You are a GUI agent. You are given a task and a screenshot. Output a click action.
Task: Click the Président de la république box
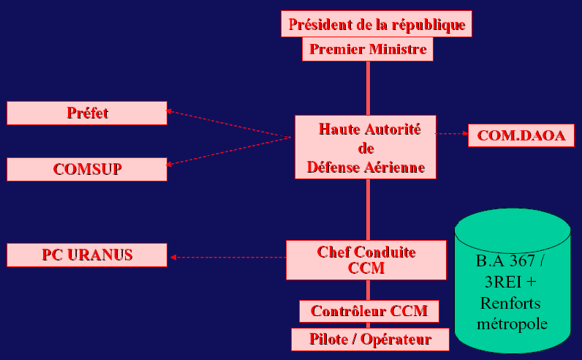coord(377,24)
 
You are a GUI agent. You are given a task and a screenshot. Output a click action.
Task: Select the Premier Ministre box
coord(369,50)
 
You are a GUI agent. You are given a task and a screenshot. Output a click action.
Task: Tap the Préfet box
coord(87,113)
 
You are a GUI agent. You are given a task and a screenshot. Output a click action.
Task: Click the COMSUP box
coord(87,169)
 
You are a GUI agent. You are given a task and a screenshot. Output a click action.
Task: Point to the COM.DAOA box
coord(521,135)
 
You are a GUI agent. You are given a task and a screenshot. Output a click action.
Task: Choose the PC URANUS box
coord(87,255)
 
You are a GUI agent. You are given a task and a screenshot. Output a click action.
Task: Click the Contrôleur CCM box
coord(369,311)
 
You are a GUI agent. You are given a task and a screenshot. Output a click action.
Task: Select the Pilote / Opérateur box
coord(369,339)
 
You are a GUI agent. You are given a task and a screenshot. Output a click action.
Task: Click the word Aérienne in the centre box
coord(395,168)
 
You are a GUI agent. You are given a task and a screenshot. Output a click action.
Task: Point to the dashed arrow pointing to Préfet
coord(227,124)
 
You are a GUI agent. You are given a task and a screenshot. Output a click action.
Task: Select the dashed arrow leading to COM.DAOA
coord(452,134)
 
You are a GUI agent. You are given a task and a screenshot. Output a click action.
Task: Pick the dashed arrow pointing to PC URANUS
coord(227,257)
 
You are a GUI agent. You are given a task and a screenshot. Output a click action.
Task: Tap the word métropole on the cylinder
coord(512,323)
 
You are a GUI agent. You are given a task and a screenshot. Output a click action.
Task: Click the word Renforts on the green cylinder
coord(511,303)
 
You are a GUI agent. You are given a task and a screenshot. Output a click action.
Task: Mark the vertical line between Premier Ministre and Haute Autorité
coord(368,88)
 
